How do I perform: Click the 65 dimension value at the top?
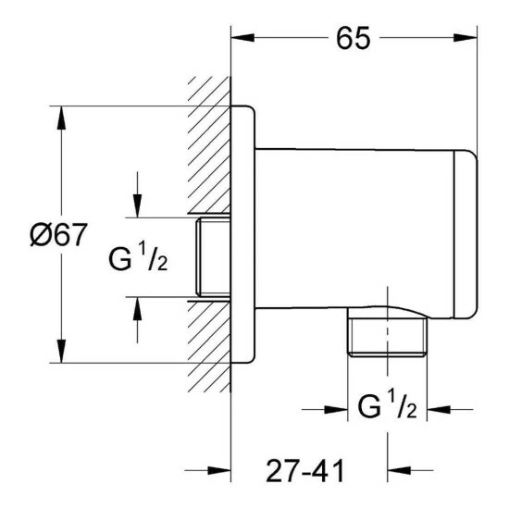click(x=353, y=38)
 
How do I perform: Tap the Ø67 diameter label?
click(x=58, y=234)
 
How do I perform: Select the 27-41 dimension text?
click(x=304, y=471)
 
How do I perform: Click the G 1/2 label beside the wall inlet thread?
click(x=138, y=256)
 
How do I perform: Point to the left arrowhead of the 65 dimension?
click(x=242, y=37)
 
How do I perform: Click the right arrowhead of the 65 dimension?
click(x=466, y=37)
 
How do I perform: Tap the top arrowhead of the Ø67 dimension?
click(x=61, y=118)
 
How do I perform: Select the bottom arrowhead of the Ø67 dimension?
click(x=61, y=351)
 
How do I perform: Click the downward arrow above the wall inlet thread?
click(x=137, y=194)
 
